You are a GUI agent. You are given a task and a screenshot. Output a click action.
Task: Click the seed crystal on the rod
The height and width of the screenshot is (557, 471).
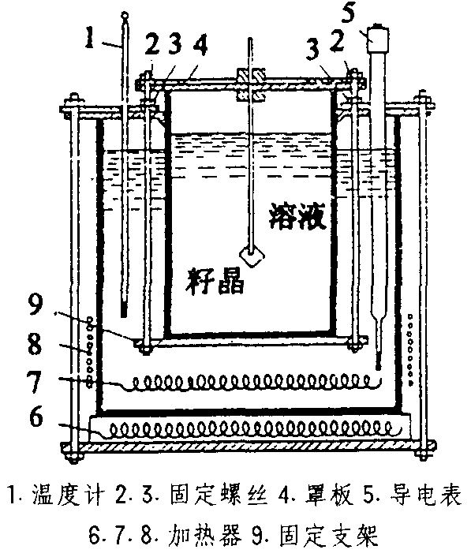click(x=252, y=255)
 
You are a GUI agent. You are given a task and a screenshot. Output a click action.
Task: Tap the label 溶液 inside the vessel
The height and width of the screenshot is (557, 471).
click(x=297, y=216)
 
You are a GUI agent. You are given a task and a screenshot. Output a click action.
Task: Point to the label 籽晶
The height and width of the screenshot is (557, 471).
click(x=215, y=282)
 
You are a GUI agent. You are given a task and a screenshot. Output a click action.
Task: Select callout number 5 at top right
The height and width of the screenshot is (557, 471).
click(x=348, y=13)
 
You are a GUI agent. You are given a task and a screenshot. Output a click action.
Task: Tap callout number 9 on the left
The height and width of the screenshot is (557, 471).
click(x=36, y=305)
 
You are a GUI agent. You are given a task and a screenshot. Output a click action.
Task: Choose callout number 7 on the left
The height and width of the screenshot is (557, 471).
click(x=35, y=381)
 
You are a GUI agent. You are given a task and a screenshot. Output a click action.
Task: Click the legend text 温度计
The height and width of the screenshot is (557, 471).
click(x=68, y=495)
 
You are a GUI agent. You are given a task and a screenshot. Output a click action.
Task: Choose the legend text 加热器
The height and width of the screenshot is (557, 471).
click(x=205, y=536)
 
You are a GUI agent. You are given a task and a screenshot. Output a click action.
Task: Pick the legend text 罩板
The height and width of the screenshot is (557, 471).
click(x=330, y=495)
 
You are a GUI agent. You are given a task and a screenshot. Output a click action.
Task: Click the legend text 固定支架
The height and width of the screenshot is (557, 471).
click(x=328, y=536)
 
